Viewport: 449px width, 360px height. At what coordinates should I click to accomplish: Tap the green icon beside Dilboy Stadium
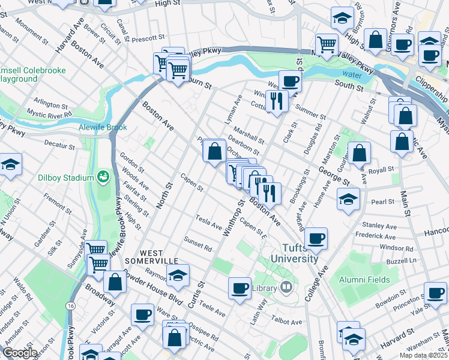[x=103, y=178]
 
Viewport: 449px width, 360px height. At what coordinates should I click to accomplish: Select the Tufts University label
[x=294, y=253]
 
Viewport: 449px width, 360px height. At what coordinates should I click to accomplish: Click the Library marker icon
[x=286, y=288]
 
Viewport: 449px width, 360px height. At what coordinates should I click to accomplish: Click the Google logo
[x=19, y=353]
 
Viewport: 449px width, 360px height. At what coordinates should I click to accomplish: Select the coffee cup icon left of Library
[x=240, y=288]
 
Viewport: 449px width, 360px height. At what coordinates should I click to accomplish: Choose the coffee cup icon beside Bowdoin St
[x=435, y=292]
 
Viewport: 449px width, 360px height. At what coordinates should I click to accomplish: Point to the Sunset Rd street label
[x=199, y=244]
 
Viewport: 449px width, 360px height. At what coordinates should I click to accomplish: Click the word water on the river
[x=352, y=75]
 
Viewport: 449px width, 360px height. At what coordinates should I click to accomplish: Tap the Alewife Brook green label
[x=100, y=127]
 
